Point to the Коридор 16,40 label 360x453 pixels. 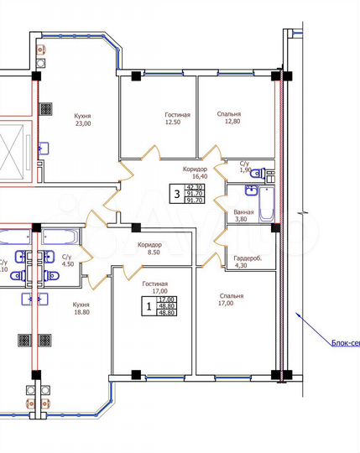click(196, 173)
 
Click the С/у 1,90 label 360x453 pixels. click(245, 167)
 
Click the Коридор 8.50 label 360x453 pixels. click(149, 248)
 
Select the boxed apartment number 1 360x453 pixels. click(149, 306)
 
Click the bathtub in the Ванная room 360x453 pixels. click(266, 204)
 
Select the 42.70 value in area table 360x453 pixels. click(195, 188)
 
